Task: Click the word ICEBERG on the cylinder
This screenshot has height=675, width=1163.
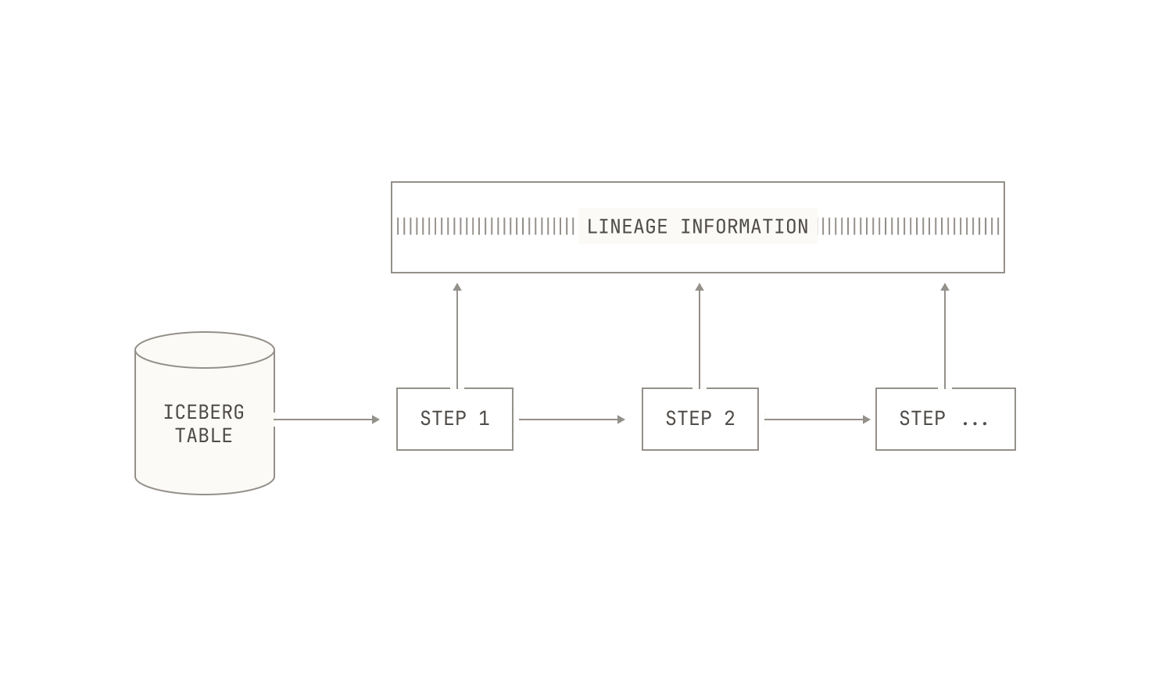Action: pyautogui.click(x=204, y=412)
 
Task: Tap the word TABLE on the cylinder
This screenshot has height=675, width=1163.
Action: pyautogui.click(x=204, y=436)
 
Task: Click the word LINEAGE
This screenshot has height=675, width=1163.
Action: pyautogui.click(x=627, y=227)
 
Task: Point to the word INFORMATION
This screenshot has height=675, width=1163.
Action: pyautogui.click(x=745, y=227)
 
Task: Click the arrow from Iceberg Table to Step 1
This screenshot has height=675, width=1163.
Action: pyautogui.click(x=327, y=420)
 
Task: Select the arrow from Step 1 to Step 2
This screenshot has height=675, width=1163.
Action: pyautogui.click(x=572, y=420)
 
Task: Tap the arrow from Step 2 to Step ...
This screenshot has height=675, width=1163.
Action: pyautogui.click(x=818, y=420)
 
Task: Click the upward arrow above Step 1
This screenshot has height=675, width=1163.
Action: pyautogui.click(x=457, y=336)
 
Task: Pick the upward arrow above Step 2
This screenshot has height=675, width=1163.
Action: pyautogui.click(x=700, y=336)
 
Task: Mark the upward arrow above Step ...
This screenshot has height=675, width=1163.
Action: pyautogui.click(x=945, y=336)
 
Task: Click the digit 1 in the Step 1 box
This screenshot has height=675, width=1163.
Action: pyautogui.click(x=484, y=419)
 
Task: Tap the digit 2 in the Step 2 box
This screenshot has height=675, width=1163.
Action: pyautogui.click(x=729, y=419)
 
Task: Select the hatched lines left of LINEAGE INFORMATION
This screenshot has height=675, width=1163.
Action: pyautogui.click(x=485, y=227)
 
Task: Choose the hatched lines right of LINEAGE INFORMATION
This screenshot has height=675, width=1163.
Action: pyautogui.click(x=910, y=227)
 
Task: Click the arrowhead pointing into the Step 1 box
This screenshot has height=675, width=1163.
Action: pyautogui.click(x=376, y=420)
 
